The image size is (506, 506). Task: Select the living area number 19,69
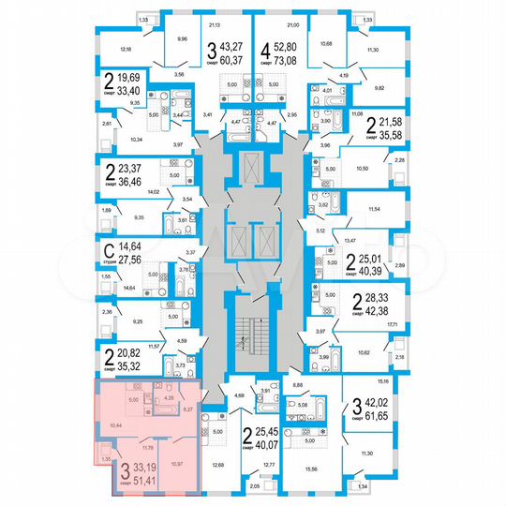click(x=126, y=78)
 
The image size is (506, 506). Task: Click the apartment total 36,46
click(x=126, y=183)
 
